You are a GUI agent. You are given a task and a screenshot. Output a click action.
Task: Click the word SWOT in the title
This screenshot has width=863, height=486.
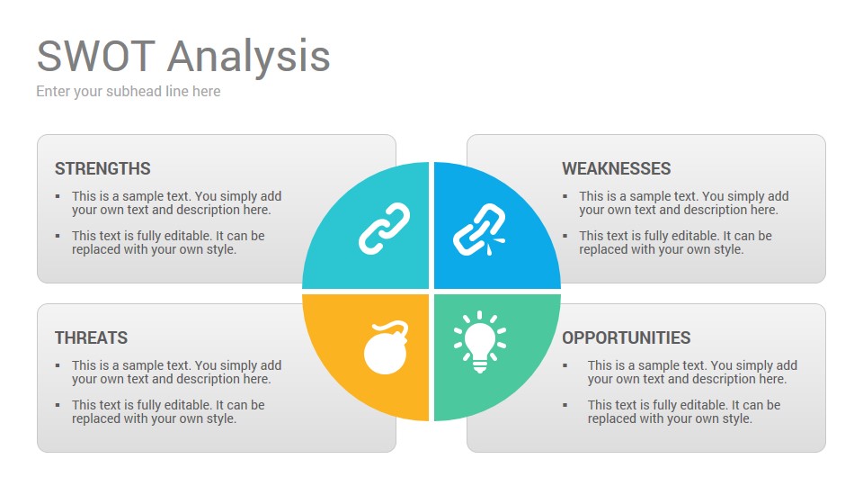coord(96,56)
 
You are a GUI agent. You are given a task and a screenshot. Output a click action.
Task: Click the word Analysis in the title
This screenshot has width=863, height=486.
coord(248,58)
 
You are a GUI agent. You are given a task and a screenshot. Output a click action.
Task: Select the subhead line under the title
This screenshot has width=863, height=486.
coord(129,92)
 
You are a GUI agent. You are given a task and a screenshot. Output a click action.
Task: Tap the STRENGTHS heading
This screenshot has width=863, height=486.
coord(102,168)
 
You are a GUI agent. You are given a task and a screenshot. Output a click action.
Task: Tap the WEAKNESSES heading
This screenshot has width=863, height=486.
coord(617,168)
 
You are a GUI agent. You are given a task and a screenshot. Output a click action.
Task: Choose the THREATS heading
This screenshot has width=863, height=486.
coord(92,337)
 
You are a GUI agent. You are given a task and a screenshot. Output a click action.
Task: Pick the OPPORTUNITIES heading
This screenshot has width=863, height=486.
coord(627,337)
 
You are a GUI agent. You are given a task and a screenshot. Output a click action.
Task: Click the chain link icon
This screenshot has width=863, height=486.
coord(384,229)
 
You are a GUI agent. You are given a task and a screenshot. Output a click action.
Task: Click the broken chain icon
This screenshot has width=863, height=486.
coord(479,229)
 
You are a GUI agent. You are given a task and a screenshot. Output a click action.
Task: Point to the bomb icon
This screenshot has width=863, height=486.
coord(386,347)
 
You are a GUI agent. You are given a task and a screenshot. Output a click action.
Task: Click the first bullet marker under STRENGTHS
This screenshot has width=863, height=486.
coord(58,196)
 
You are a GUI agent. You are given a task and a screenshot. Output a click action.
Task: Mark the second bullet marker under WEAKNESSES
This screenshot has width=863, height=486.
coord(565,236)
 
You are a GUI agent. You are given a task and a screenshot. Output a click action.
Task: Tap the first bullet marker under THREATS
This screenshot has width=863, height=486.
coord(58,365)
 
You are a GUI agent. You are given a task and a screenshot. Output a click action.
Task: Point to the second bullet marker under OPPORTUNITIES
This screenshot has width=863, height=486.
coord(565,405)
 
